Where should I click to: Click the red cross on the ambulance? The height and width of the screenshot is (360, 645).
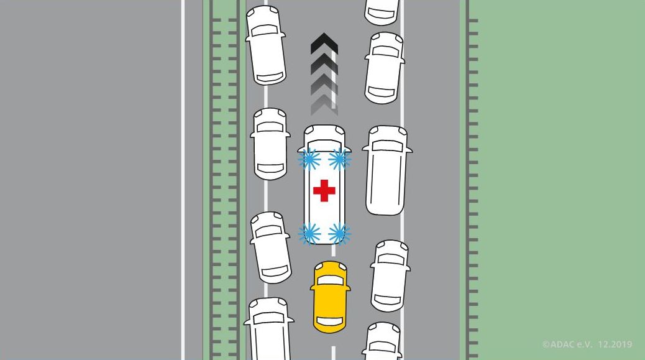click(x=324, y=190)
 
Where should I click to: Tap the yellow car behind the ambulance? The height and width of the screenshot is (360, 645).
click(x=330, y=297)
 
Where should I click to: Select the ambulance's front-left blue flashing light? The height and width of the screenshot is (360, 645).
click(x=309, y=160)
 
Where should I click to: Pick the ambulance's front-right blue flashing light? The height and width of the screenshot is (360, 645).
click(x=339, y=160)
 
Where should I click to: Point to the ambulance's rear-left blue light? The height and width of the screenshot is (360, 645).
click(x=309, y=234)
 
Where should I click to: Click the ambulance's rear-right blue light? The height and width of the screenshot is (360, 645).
click(x=339, y=234)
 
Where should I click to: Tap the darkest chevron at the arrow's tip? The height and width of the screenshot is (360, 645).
click(x=324, y=43)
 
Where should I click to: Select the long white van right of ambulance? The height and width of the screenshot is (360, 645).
click(x=386, y=170)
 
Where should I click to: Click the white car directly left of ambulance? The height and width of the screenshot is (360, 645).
click(x=270, y=144)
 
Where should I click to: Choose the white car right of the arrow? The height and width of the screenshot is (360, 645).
click(x=383, y=67)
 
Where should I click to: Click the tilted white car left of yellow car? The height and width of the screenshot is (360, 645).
click(x=270, y=247)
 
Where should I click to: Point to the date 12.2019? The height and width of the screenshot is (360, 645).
click(x=615, y=344)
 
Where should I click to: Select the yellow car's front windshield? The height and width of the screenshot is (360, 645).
click(x=330, y=280)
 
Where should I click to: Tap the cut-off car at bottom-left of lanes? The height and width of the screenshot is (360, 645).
click(x=269, y=330)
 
